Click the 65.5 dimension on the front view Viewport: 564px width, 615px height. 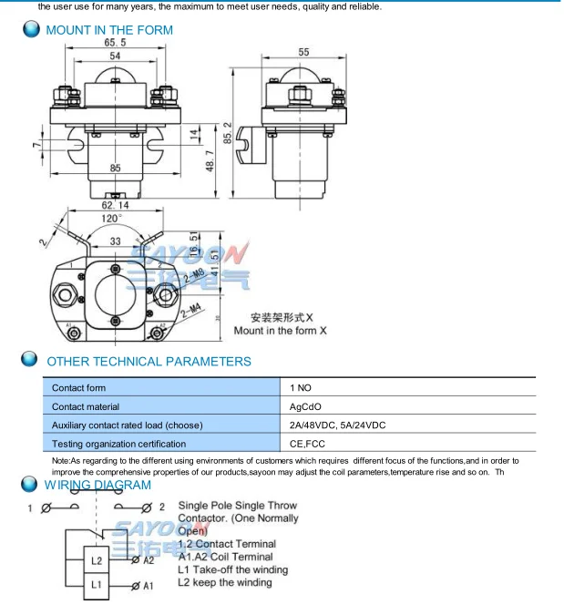pos(115,43)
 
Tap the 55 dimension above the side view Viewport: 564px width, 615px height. pos(303,53)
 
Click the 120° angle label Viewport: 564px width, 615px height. pos(111,219)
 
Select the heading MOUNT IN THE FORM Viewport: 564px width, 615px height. pos(109,30)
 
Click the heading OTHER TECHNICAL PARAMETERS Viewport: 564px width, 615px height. pos(149,362)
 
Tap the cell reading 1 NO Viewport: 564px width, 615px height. pos(301,388)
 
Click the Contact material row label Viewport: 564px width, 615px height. pos(86,406)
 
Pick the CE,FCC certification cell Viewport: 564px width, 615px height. pos(307,444)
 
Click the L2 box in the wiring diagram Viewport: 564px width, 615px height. pos(97,560)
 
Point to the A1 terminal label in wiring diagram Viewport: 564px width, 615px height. pos(148,587)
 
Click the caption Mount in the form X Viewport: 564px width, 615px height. pos(280,331)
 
